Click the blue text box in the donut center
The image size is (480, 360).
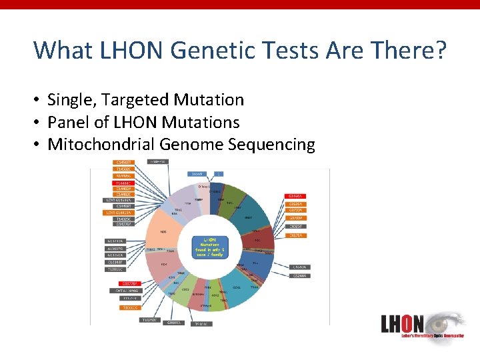click(210, 246)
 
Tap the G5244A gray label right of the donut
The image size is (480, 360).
click(300, 275)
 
